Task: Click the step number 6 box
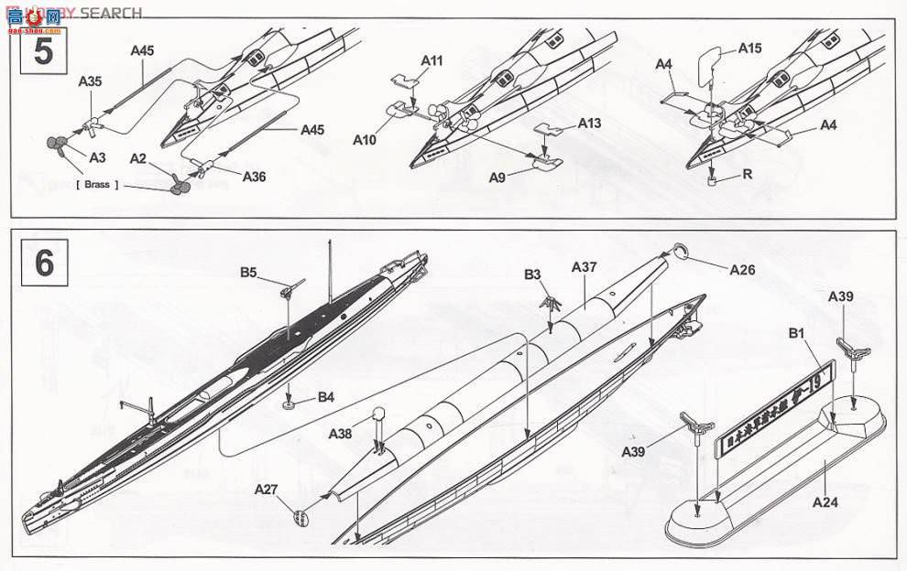coord(42,263)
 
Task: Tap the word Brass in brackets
coord(96,184)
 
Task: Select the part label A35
coord(90,81)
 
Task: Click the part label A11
coord(432,60)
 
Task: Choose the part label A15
coord(749,48)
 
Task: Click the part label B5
coord(249,272)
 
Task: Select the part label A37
coord(584,267)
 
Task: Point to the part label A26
coord(742,270)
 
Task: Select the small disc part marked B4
coord(290,400)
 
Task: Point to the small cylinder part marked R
coord(713,181)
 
